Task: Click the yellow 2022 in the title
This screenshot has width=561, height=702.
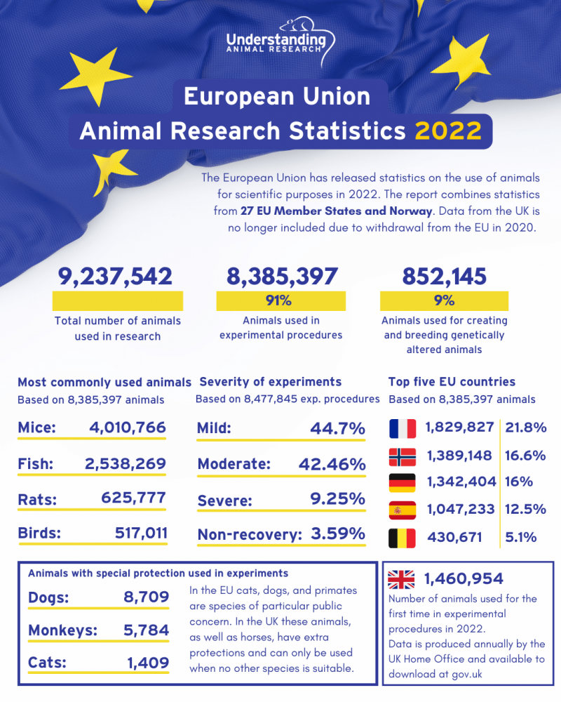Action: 448,131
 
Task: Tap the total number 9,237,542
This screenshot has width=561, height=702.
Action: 116,276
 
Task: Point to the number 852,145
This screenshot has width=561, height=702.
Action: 444,276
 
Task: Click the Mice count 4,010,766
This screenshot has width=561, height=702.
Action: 128,428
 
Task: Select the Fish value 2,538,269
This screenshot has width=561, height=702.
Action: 125,463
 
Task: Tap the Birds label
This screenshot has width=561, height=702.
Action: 39,533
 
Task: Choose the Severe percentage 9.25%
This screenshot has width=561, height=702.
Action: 339,499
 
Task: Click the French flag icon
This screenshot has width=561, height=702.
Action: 402,428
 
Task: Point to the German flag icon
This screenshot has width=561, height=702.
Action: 402,482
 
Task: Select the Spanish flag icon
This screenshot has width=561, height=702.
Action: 402,509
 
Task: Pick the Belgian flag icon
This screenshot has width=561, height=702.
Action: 402,538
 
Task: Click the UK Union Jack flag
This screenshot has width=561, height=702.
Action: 402,579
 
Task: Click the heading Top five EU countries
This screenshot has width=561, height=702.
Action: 452,383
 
